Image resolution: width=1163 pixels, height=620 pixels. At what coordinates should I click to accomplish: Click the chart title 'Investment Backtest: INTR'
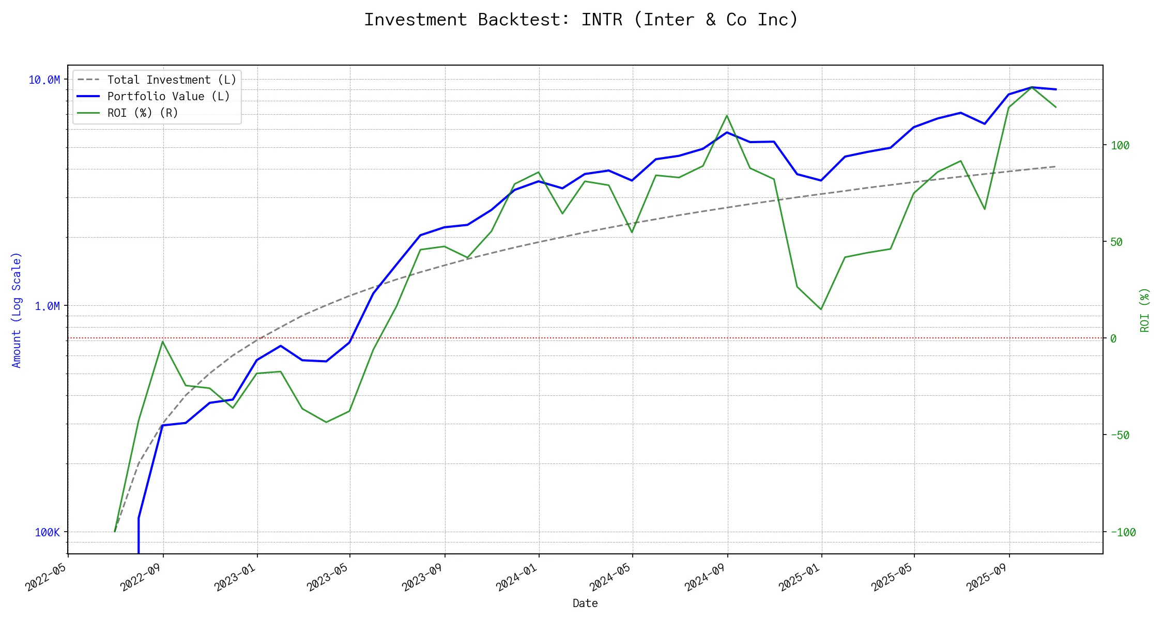click(x=581, y=20)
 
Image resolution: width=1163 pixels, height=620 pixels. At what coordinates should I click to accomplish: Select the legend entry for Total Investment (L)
click(x=171, y=80)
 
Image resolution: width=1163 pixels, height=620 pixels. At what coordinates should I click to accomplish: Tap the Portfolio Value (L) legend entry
click(x=168, y=97)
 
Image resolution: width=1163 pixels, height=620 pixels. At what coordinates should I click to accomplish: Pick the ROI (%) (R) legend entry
click(x=142, y=113)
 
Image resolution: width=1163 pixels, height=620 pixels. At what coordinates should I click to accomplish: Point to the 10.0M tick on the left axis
click(x=44, y=80)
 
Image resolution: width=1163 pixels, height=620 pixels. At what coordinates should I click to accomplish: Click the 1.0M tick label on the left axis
click(x=47, y=306)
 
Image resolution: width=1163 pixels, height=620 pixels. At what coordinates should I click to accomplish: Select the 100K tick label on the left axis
click(x=47, y=533)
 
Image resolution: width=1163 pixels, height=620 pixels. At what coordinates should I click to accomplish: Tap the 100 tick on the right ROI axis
click(x=1120, y=146)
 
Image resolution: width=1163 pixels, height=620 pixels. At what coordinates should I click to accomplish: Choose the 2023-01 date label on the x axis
click(x=236, y=577)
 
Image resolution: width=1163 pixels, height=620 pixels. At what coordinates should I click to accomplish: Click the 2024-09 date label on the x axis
click(x=706, y=577)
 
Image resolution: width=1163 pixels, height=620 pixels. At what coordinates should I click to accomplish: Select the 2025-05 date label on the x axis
click(x=892, y=577)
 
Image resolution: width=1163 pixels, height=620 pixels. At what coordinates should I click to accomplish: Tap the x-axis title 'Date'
click(x=585, y=603)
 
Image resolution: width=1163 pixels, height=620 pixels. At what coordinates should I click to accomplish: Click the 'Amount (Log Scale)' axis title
click(x=17, y=310)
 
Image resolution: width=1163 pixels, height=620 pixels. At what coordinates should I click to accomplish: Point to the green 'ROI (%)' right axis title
click(x=1144, y=310)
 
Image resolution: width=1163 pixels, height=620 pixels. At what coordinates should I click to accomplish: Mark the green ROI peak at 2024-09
click(x=727, y=116)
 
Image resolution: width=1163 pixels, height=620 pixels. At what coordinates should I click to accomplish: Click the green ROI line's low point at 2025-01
click(x=821, y=309)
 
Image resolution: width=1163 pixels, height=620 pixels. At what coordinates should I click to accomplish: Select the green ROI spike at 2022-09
click(x=163, y=342)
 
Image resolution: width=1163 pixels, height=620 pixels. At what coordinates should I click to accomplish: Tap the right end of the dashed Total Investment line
click(x=1055, y=166)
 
